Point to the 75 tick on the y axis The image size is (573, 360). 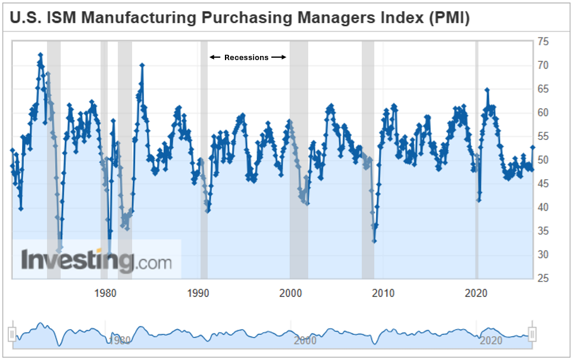pyautogui.click(x=542, y=41)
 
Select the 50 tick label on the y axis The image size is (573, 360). pyautogui.click(x=542, y=160)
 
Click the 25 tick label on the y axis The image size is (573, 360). pyautogui.click(x=542, y=278)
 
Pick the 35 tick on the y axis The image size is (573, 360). pyautogui.click(x=542, y=231)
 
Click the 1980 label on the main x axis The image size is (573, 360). pyautogui.click(x=105, y=293)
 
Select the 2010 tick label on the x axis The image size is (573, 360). pyautogui.click(x=384, y=293)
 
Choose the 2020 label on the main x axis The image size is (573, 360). pyautogui.click(x=477, y=293)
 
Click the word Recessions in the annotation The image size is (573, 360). pyautogui.click(x=246, y=58)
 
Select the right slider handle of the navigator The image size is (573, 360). pyautogui.click(x=533, y=334)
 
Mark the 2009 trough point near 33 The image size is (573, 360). pyautogui.click(x=374, y=240)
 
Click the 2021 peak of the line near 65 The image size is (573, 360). pyautogui.click(x=487, y=90)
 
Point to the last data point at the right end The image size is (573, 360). pyautogui.click(x=533, y=147)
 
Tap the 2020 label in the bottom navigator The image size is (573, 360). pyautogui.click(x=490, y=340)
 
